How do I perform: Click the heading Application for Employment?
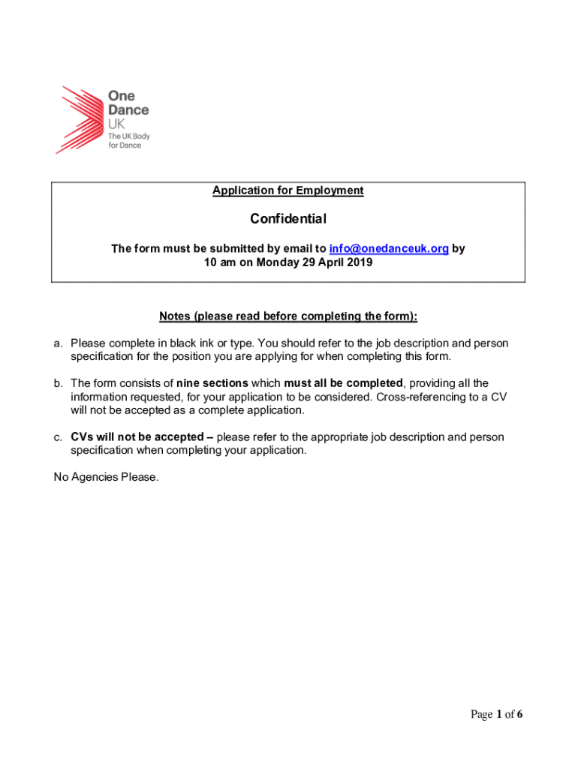click(287, 190)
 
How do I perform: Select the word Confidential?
click(287, 219)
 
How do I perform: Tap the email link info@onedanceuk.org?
click(389, 248)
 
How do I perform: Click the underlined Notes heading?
click(287, 316)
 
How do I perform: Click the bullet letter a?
click(58, 343)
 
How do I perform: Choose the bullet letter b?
click(58, 383)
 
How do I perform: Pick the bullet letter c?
click(58, 436)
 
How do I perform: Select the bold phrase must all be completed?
click(343, 383)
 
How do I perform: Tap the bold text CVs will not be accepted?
click(137, 436)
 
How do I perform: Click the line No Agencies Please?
click(106, 477)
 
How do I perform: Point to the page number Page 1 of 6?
click(496, 715)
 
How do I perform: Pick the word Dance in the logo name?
click(128, 110)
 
